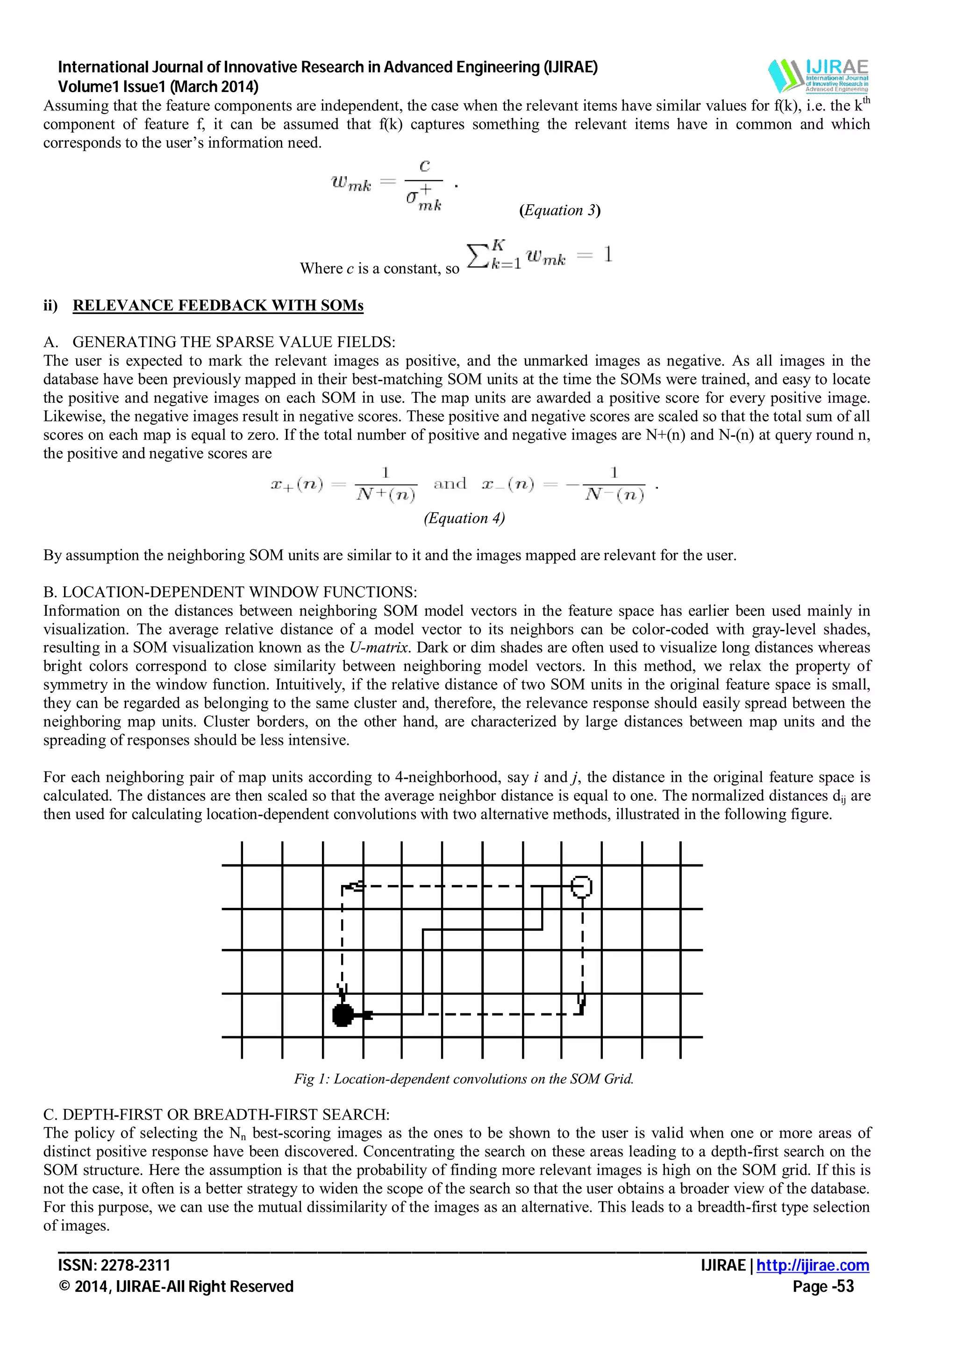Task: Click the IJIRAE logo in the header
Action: tap(818, 76)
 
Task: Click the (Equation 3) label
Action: tap(560, 211)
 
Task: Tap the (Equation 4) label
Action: tap(464, 518)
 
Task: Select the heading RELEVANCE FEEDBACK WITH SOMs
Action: tap(218, 306)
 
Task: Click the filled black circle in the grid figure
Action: tap(343, 1015)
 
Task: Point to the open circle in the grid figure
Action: tap(581, 886)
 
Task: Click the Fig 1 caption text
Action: tap(464, 1079)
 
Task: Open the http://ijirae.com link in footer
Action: tap(812, 1266)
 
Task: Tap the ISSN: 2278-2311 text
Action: tap(114, 1266)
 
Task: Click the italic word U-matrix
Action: tap(379, 648)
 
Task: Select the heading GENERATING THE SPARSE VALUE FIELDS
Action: tap(234, 342)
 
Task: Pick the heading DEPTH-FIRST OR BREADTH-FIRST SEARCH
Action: tap(226, 1115)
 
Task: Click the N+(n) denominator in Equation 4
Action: tap(386, 494)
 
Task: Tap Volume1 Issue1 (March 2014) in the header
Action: tap(158, 87)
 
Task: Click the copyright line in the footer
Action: tap(176, 1286)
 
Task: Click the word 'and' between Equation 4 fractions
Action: tap(450, 484)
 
